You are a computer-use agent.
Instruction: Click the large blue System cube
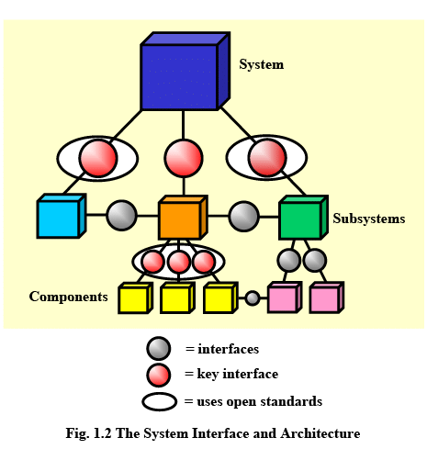(185, 71)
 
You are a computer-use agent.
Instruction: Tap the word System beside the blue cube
(262, 64)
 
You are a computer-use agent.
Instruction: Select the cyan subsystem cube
(62, 216)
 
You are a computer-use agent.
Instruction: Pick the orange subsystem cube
(183, 218)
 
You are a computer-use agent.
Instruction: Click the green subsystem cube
(303, 218)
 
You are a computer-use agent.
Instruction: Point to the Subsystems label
(369, 219)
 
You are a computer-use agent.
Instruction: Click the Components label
(68, 297)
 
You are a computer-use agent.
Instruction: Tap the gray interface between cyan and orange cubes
(121, 216)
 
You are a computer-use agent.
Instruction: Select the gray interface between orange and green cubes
(244, 217)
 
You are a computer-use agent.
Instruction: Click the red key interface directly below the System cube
(184, 158)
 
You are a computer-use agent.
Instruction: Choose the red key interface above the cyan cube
(98, 158)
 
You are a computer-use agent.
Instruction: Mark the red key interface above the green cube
(267, 157)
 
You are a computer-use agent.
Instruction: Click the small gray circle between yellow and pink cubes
(253, 298)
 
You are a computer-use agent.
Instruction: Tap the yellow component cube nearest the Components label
(135, 297)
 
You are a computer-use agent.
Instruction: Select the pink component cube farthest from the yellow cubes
(327, 297)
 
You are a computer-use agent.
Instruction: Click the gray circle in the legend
(159, 348)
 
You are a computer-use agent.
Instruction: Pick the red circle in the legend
(159, 375)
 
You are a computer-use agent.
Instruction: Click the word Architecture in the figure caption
(320, 433)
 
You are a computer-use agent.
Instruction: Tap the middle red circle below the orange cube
(179, 262)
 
